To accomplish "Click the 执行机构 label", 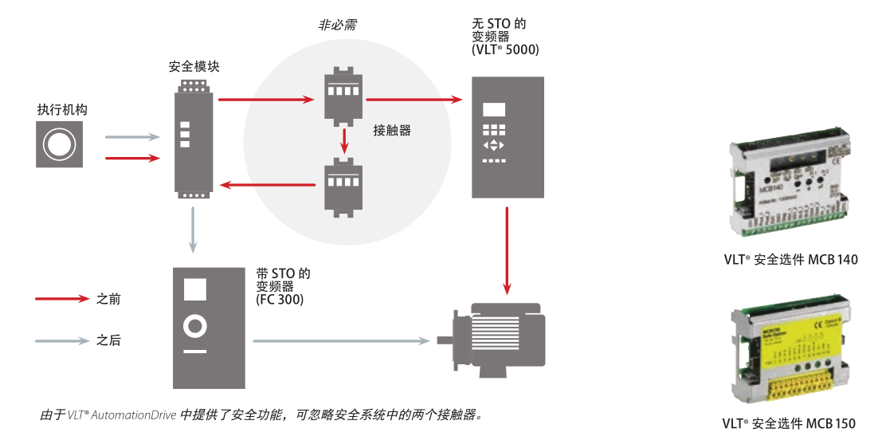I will (62, 109).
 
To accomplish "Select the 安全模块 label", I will (194, 67).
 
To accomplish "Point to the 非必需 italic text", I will (338, 26).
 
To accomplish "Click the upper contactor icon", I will (343, 99).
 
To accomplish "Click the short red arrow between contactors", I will (343, 141).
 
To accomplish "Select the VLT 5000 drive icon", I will (508, 137).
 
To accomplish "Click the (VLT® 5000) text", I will (505, 49).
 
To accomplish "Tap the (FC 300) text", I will (280, 301).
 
